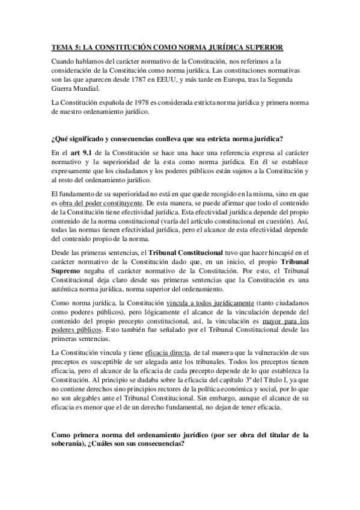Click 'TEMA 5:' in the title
62,47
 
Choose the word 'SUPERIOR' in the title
260,47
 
